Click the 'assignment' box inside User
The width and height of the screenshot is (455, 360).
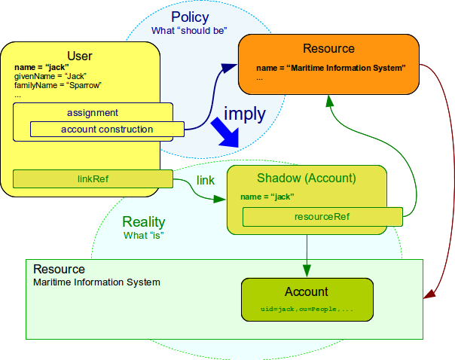pos(93,113)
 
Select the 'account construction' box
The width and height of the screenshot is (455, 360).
pos(106,130)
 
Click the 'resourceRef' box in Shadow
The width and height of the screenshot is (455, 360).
pos(322,217)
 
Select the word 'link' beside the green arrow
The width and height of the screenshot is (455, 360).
pos(206,181)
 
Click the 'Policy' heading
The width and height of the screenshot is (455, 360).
pos(190,17)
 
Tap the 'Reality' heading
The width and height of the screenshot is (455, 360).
pos(143,222)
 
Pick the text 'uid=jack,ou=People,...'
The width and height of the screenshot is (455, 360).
pos(307,310)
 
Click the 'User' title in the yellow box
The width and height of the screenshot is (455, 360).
pos(80,56)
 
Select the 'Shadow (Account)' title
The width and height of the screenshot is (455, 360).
pos(307,178)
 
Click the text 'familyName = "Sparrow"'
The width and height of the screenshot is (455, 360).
pos(57,85)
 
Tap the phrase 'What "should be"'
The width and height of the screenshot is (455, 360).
pos(190,30)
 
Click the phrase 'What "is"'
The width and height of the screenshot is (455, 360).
pos(143,235)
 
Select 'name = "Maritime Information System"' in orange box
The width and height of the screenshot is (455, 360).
pos(331,68)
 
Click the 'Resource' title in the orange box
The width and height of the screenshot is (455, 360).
pos(328,49)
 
